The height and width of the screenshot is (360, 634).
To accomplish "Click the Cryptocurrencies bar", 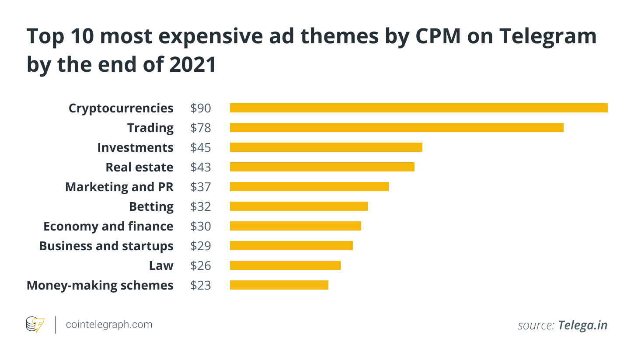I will pos(418,108).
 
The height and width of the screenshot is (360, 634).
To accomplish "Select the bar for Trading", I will pos(397,128).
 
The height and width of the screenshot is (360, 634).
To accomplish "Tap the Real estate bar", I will pos(322,167).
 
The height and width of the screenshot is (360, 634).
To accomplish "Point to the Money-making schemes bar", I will pos(279,285).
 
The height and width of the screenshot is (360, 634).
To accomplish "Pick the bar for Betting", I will pos(299,206).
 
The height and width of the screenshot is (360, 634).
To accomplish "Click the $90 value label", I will pos(201,108).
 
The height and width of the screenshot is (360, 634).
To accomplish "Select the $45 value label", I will pos(201,147).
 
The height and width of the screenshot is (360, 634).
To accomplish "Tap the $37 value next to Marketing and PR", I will pos(201,187).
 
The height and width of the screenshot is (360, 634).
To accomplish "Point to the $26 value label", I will pos(201,266).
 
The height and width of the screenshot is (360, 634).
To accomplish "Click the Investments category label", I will pos(135,147).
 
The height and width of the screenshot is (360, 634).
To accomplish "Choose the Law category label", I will pos(161,266).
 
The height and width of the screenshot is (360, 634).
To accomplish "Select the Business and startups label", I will pos(106,246).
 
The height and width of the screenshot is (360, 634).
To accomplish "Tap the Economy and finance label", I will pos(108,226).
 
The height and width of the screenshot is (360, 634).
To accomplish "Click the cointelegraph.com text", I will pos(109,325).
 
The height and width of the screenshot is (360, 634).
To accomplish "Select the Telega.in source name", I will pos(582,325).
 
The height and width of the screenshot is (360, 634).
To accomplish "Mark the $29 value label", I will pos(201,246).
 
